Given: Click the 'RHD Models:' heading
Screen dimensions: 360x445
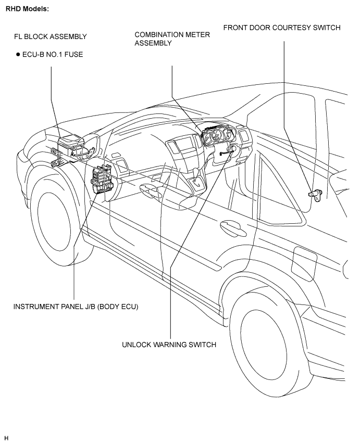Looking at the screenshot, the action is (27, 9).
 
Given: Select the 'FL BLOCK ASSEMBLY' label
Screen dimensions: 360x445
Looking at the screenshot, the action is (51, 36).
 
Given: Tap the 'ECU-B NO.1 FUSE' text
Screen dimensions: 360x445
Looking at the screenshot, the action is (53, 55).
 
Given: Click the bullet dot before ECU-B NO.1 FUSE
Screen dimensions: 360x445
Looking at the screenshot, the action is (18, 55).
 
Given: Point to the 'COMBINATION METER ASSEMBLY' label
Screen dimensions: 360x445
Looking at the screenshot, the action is (172, 39).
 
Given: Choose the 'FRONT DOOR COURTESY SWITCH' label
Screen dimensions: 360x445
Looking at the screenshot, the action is (282, 28).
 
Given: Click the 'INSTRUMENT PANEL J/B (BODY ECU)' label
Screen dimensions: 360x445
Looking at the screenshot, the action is (76, 307).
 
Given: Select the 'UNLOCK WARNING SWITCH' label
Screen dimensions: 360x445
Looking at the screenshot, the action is (169, 345).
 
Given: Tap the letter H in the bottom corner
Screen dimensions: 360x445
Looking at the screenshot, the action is (7, 438).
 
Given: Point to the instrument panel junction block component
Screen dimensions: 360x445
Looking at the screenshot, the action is (102, 180).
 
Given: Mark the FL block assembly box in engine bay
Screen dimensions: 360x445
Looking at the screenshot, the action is (68, 146).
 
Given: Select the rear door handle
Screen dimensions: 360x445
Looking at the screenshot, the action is (233, 228).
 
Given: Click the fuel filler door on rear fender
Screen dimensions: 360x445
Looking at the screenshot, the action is (304, 264).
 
